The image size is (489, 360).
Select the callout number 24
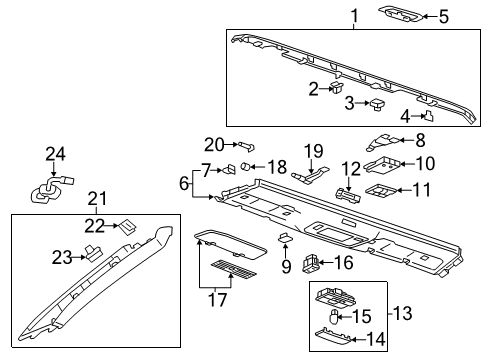click(x=53, y=153)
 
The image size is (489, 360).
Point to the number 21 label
click(x=96, y=198)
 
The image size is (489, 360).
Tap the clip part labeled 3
click(x=378, y=103)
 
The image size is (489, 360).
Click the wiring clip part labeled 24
click(x=45, y=189)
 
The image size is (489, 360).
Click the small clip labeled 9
click(x=284, y=239)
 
